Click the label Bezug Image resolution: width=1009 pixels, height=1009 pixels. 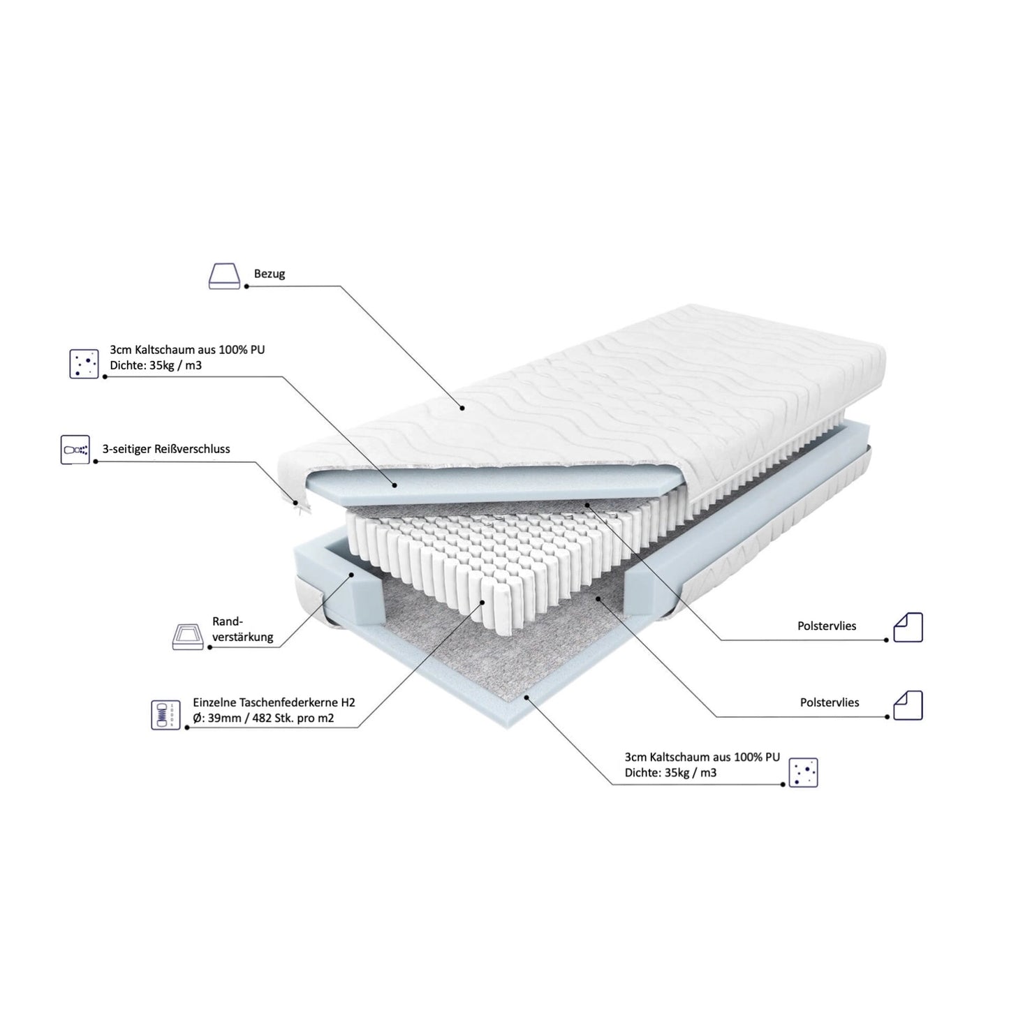269,274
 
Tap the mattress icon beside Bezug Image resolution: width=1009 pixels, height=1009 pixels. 224,276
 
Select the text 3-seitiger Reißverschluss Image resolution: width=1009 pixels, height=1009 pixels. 166,449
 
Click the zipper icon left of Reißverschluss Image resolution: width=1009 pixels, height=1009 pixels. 75,450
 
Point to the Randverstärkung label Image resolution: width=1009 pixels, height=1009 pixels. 242,629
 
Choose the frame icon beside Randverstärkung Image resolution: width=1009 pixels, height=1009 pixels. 187,636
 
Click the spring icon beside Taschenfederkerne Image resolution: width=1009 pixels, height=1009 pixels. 165,715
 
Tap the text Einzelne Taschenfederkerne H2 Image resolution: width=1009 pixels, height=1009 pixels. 274,702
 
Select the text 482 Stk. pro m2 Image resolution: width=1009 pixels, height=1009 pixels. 293,718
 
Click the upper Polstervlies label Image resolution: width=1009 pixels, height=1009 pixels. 827,626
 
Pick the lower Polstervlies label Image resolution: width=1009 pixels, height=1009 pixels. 830,702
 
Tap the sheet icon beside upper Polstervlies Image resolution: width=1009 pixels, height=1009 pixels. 908,627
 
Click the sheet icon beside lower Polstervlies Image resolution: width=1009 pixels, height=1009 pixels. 908,705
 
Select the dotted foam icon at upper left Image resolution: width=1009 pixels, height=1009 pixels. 84,363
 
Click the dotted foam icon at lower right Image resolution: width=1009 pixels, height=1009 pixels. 803,772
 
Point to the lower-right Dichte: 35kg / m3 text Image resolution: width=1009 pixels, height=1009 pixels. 670,772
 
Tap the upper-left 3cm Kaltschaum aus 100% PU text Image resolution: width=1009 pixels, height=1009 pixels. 187,349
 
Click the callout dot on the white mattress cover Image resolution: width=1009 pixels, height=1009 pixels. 462,408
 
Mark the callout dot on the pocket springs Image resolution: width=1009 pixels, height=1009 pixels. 483,602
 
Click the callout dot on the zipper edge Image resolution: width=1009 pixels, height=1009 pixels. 295,503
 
